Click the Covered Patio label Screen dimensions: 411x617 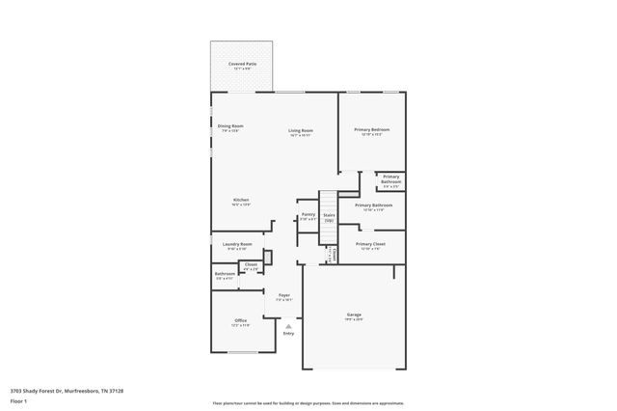[x=242, y=64]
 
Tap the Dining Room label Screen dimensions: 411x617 [x=230, y=125]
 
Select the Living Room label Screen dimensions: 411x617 [x=301, y=130]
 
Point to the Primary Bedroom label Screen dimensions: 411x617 [x=372, y=129]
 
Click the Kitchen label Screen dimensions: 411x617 [x=240, y=200]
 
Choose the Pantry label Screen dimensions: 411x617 [x=308, y=214]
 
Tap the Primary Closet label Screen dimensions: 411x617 [x=372, y=244]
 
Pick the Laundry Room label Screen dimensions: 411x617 [x=239, y=244]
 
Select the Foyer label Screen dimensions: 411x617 [x=284, y=294]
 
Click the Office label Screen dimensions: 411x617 [x=240, y=320]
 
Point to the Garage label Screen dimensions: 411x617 [x=354, y=315]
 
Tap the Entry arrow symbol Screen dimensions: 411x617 [x=288, y=326]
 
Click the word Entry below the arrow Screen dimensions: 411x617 [x=288, y=334]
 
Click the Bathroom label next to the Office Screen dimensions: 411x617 [x=226, y=273]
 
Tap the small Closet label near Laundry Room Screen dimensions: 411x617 [x=251, y=263]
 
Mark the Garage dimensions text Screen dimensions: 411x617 [x=354, y=319]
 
